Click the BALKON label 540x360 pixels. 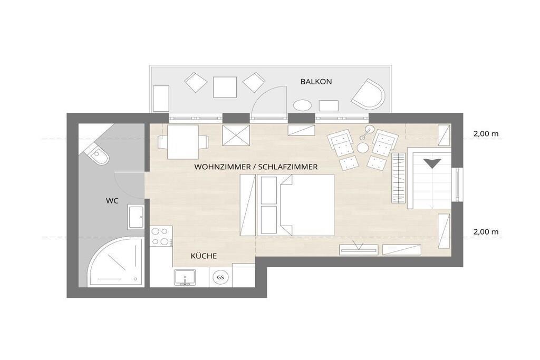[316, 82]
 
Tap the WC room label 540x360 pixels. [112, 201]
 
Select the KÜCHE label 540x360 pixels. [204, 256]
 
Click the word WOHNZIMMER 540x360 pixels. [223, 167]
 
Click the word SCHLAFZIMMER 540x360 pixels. [287, 167]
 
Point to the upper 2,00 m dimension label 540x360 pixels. [486, 134]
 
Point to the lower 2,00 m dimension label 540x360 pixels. [486, 232]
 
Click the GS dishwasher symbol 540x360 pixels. [220, 277]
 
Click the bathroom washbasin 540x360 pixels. [136, 217]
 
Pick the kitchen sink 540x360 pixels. [185, 277]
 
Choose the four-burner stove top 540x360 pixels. [161, 236]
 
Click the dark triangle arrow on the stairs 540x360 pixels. [432, 163]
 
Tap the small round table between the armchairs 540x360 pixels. [363, 148]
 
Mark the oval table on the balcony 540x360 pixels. [302, 105]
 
